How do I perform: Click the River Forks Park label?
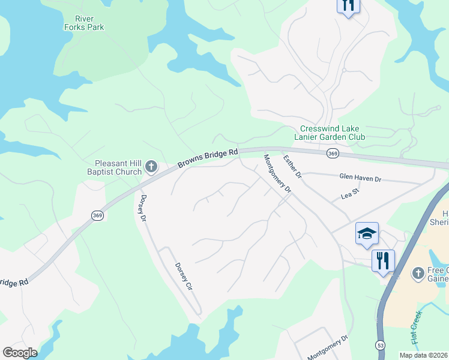point(84,23)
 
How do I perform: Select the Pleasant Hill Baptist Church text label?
point(118,167)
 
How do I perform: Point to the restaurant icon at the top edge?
point(348,5)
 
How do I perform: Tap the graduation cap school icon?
point(367,233)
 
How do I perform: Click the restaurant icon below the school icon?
point(382,260)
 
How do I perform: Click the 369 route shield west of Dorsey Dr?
point(98,215)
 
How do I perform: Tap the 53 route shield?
point(380,345)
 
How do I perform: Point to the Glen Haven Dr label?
point(360,179)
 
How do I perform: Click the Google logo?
point(20,353)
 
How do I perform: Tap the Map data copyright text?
point(423,355)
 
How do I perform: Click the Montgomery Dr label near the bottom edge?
point(328,347)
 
